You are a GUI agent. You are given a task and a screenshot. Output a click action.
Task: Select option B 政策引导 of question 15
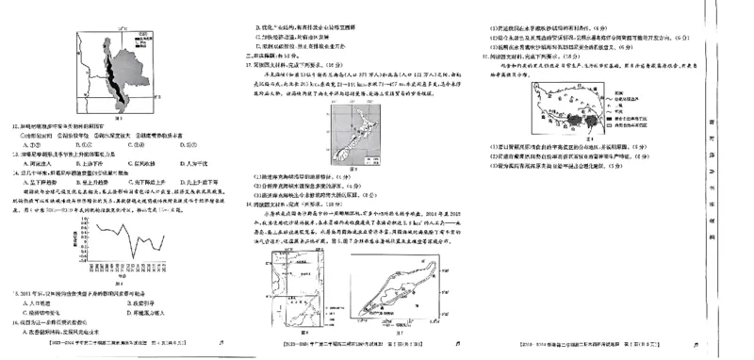point(138,303)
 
